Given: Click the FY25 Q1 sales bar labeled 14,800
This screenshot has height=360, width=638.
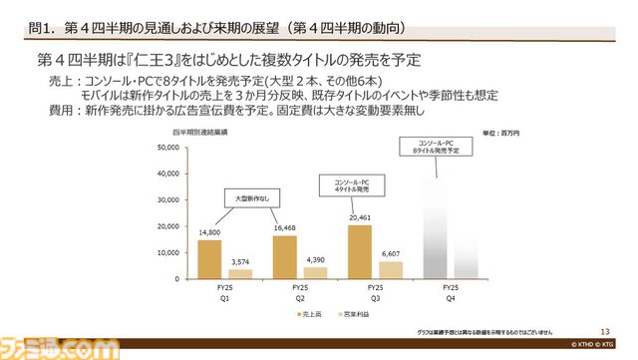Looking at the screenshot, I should coord(209,258).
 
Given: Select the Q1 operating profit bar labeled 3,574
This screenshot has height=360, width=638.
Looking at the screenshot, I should coord(240,273).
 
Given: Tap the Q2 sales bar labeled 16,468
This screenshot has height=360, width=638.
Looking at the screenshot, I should coord(284,256).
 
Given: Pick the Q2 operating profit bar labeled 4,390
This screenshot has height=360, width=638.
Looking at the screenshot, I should coord(315,272).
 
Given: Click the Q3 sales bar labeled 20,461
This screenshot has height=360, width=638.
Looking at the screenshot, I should coord(360,251).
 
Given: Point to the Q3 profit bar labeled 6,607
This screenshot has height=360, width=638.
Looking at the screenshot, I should coord(391,269).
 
